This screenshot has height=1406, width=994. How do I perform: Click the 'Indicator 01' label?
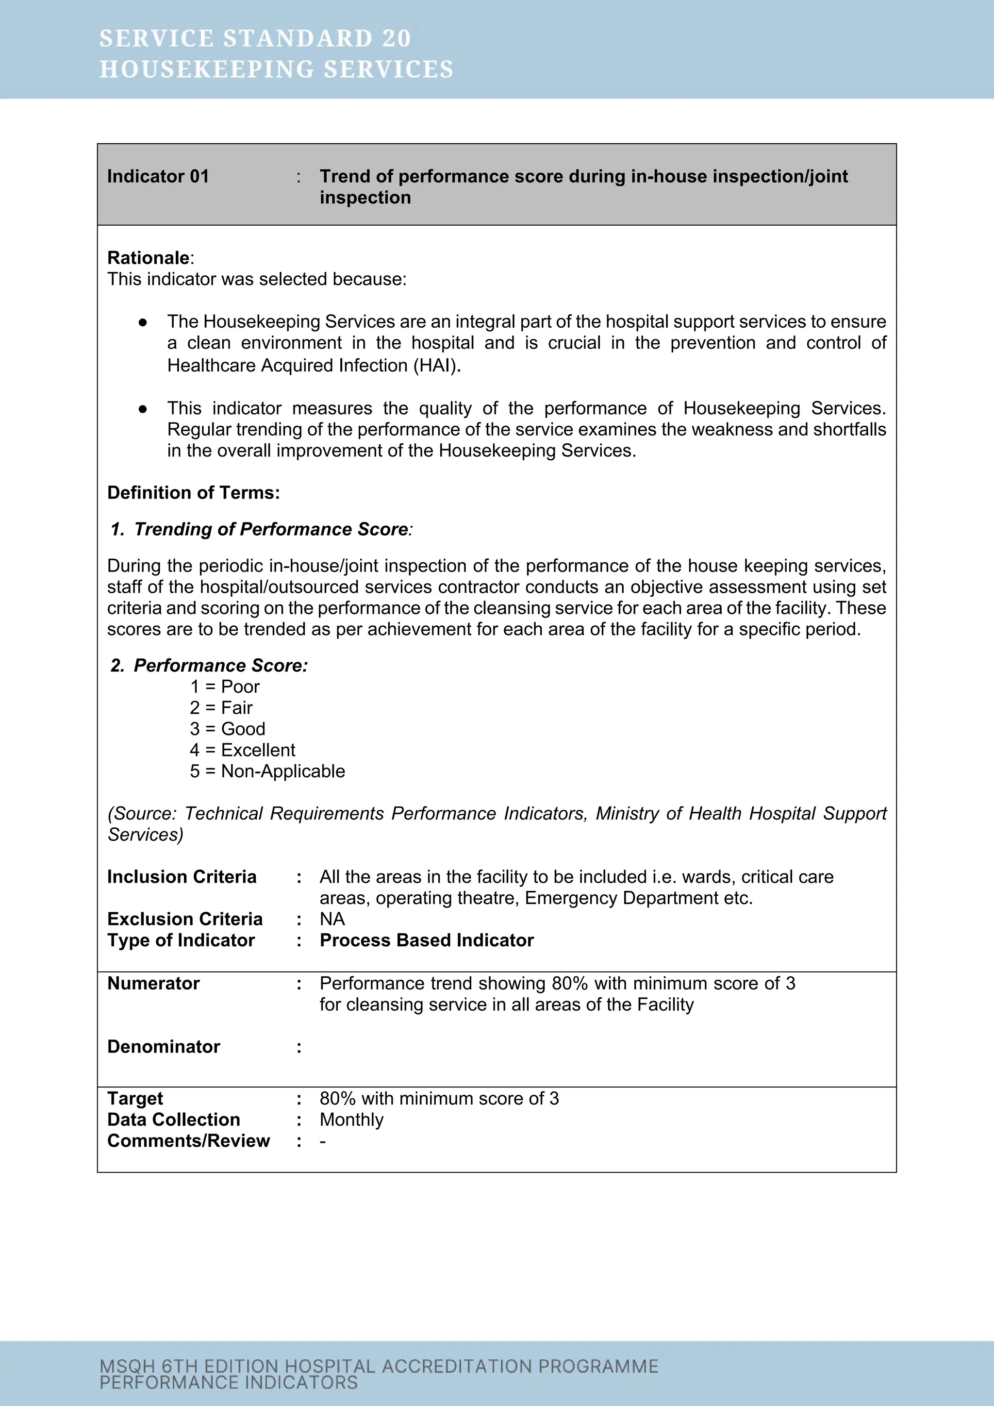pos(158,176)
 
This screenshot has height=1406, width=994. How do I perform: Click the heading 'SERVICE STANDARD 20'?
pos(255,38)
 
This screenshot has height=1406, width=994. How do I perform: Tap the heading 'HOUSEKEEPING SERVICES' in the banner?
pos(276,69)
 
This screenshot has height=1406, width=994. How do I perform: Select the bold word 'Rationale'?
pos(148,258)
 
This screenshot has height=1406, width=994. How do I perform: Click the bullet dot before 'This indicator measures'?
pos(143,408)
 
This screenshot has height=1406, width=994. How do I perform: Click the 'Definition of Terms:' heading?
pos(194,493)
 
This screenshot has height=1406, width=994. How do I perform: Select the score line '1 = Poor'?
pos(225,686)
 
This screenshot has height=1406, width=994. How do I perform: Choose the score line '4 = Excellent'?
pos(242,750)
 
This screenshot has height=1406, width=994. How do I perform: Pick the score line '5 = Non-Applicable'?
pos(267,771)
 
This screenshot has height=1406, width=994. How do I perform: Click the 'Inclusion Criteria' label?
pos(182,877)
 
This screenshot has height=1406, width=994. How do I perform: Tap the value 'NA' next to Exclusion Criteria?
pos(332,919)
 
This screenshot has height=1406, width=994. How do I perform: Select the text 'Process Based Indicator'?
pos(427,940)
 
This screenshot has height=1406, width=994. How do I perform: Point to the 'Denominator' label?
pos(164,1047)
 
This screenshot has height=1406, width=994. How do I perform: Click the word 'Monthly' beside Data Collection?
pos(351,1120)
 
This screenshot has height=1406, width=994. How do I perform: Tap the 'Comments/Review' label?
pos(188,1141)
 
